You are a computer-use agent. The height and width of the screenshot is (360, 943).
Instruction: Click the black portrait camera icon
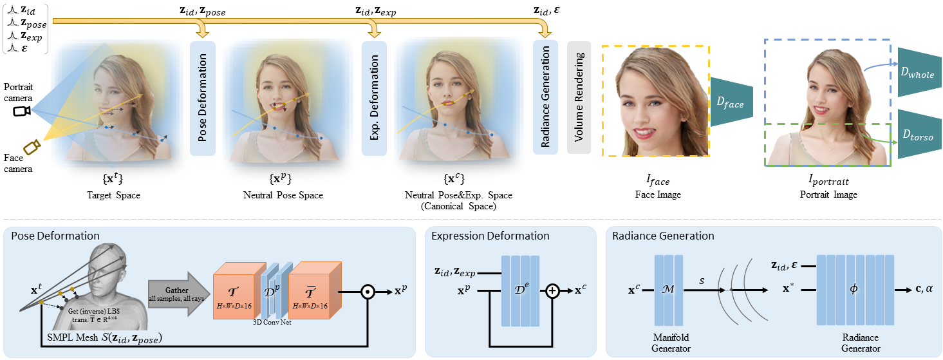point(21,111)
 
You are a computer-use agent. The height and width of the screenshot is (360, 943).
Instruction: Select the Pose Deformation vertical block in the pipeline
point(203,99)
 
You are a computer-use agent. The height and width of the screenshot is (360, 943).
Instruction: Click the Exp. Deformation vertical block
point(374,99)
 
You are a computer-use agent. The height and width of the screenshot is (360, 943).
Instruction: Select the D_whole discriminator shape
point(919,71)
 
